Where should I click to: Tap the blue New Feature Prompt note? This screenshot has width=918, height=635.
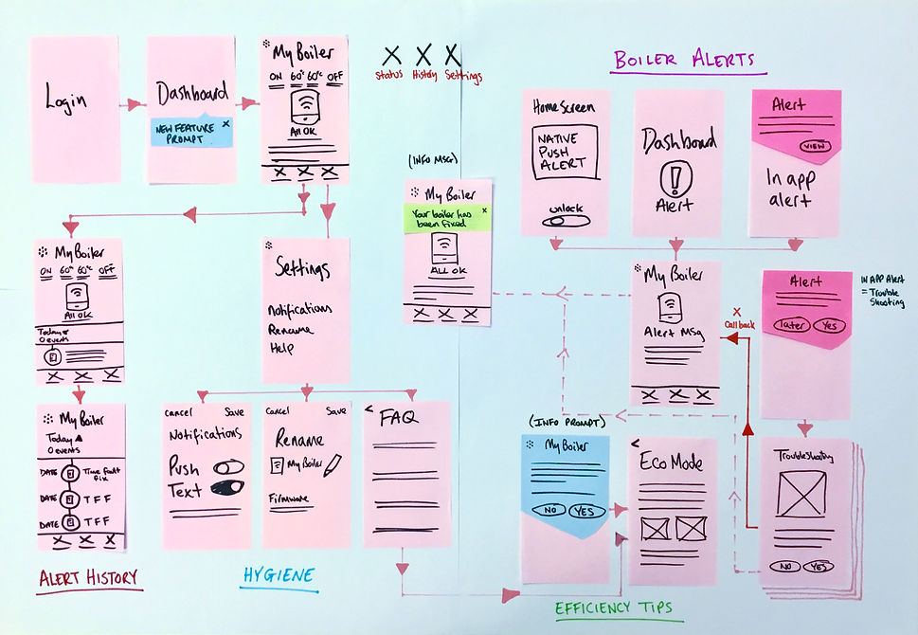coord(192,132)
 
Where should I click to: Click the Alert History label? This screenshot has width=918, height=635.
coord(89,577)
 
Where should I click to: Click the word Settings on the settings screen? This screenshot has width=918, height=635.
coord(303,269)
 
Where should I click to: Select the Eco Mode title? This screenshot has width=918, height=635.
coord(674,463)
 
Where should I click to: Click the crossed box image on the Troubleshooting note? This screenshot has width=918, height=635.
coord(801,495)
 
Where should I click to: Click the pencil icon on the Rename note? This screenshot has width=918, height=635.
coord(332,464)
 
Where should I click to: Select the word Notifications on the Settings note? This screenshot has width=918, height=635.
coord(299,310)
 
